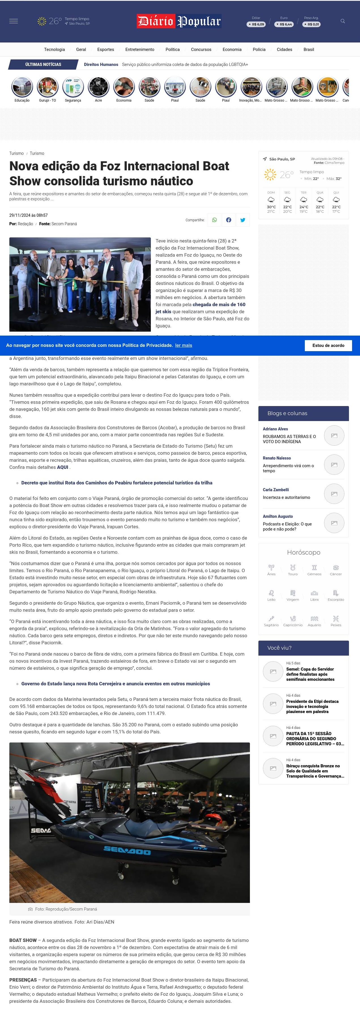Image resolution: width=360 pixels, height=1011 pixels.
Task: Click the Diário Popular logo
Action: coord(179,21)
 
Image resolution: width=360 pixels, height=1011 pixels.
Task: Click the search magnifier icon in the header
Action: coord(343,21)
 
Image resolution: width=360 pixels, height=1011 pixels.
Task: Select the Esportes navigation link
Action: coord(106,50)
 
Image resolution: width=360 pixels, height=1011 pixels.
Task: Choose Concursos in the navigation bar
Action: coord(201,50)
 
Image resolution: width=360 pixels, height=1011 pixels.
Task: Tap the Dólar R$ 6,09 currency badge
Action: coord(256,24)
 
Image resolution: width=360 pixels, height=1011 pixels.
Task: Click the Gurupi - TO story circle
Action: coord(48,87)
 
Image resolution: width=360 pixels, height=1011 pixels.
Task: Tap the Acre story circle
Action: coord(98,87)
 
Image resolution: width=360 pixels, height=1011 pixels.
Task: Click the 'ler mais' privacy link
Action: coord(183,345)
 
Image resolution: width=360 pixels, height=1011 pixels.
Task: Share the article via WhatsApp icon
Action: coord(214,220)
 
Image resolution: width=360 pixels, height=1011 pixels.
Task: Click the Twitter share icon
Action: coord(243,220)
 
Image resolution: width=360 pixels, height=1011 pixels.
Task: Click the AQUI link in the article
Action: coord(63,467)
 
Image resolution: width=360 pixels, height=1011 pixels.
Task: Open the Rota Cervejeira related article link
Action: coord(115,684)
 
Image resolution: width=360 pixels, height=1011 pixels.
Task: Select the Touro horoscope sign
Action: coord(293,570)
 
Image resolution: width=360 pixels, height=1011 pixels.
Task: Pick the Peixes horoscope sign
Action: coord(336,621)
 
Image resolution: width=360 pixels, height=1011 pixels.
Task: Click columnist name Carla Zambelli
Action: coord(276,490)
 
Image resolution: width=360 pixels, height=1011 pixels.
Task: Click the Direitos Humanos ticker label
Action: coord(101,64)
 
